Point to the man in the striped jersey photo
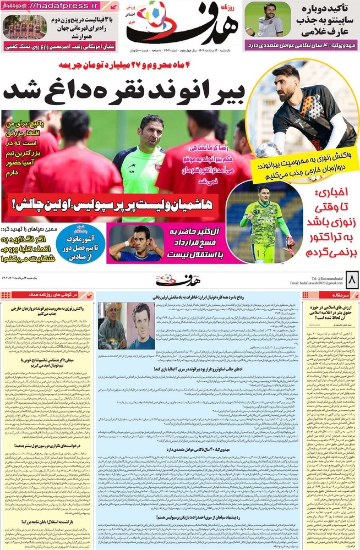pos(270,20)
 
